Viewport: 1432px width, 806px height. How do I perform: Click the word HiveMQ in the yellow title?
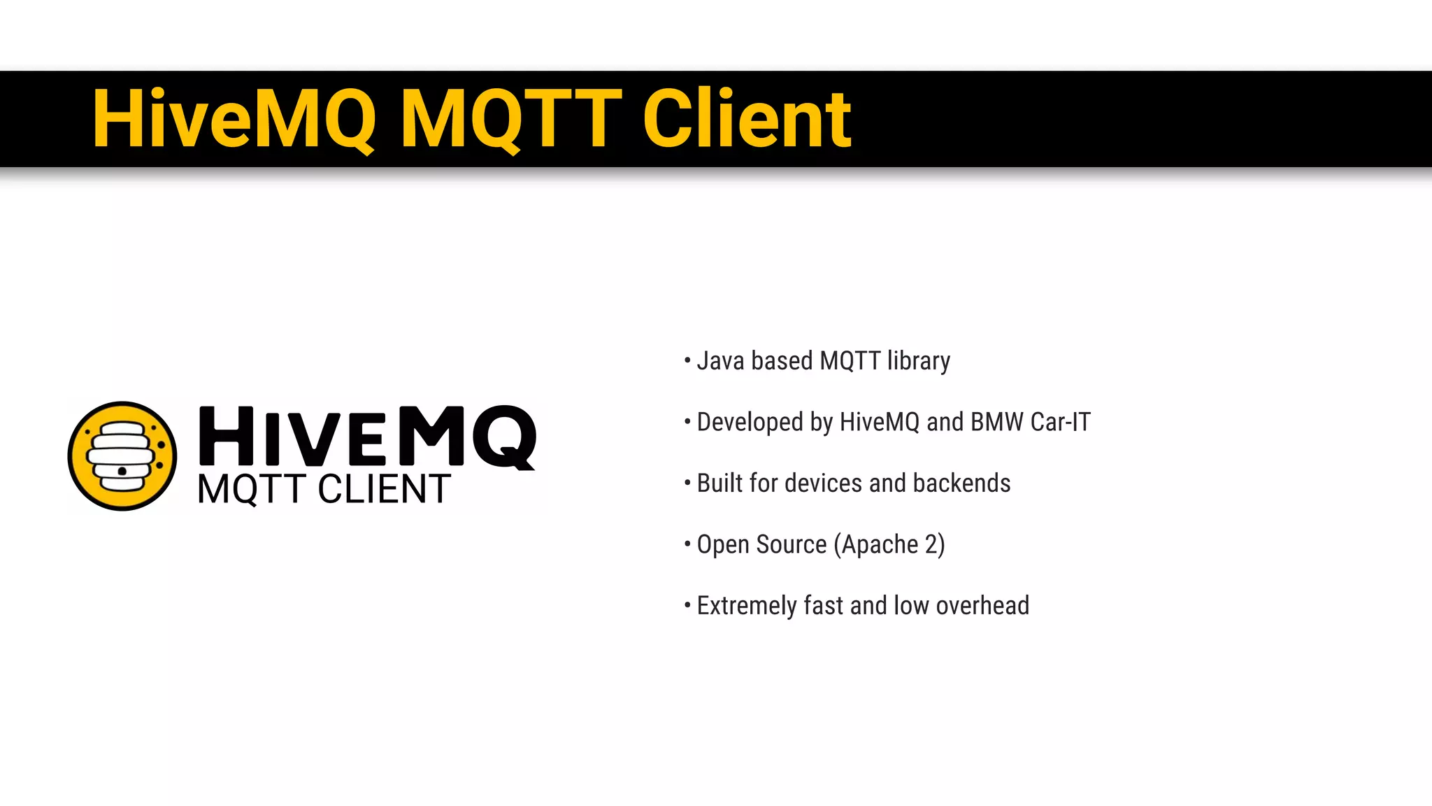[x=234, y=119]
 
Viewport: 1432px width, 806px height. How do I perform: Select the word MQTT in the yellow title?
[x=510, y=119]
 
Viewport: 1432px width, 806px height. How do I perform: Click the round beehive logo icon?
[x=122, y=455]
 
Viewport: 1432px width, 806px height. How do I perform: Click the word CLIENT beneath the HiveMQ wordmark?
[x=384, y=489]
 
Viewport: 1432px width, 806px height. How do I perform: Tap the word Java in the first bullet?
[x=720, y=361]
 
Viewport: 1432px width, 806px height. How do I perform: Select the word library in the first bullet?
[x=918, y=361]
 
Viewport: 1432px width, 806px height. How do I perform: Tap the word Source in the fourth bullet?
[x=792, y=544]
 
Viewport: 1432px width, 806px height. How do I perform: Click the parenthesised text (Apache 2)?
[x=889, y=544]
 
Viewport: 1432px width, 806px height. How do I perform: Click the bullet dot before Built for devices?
[x=687, y=483]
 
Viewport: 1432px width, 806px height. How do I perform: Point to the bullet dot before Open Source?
[x=687, y=544]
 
